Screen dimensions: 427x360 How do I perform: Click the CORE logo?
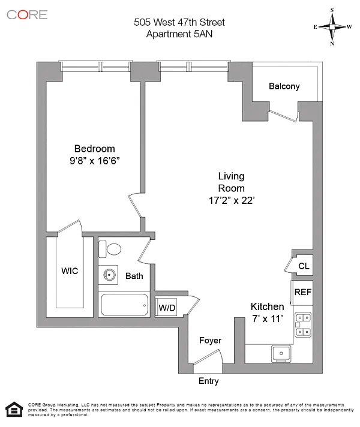(x=27, y=14)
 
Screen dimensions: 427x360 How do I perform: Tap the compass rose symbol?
(x=332, y=26)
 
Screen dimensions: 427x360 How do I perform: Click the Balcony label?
(x=284, y=86)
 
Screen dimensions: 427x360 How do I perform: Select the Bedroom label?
(x=94, y=149)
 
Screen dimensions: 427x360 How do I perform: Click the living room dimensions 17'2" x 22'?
(x=231, y=201)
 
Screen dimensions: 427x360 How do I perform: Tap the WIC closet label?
(x=70, y=271)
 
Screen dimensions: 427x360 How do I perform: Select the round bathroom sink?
(x=109, y=275)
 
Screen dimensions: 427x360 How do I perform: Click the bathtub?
(x=125, y=305)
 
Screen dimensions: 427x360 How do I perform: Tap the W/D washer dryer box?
(x=167, y=308)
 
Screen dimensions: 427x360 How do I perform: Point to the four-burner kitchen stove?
(x=302, y=324)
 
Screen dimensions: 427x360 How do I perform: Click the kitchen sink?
(x=280, y=353)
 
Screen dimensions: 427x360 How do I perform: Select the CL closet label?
(x=304, y=266)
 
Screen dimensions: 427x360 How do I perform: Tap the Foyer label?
(x=210, y=341)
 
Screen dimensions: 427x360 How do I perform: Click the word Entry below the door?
(x=208, y=381)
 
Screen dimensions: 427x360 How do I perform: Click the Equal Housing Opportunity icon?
(x=11, y=409)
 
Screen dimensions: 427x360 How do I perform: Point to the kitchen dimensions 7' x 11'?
(x=266, y=319)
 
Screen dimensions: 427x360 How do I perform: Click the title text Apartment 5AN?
(x=179, y=34)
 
